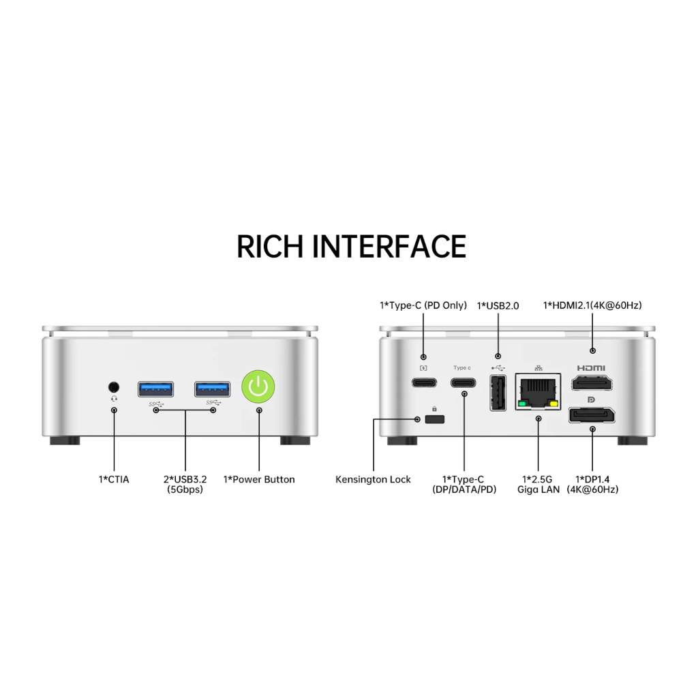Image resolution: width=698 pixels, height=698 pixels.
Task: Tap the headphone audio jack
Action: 114,386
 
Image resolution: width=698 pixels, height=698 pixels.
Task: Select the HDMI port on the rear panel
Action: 592,382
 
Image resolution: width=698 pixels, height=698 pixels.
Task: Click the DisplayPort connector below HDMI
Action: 592,415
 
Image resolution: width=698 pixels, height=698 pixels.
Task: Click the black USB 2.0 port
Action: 498,394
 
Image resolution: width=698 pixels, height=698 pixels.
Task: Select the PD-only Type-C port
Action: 423,382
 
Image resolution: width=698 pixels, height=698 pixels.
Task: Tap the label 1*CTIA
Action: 113,480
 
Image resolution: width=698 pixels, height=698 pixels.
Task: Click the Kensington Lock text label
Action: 373,480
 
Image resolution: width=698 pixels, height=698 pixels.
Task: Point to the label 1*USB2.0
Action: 498,306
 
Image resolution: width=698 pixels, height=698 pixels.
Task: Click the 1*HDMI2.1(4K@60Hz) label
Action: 592,305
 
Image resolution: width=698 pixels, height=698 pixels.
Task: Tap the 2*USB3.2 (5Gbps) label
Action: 185,484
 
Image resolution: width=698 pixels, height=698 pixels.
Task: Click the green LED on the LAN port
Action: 522,404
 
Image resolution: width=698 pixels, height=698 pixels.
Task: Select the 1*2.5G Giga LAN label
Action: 538,484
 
